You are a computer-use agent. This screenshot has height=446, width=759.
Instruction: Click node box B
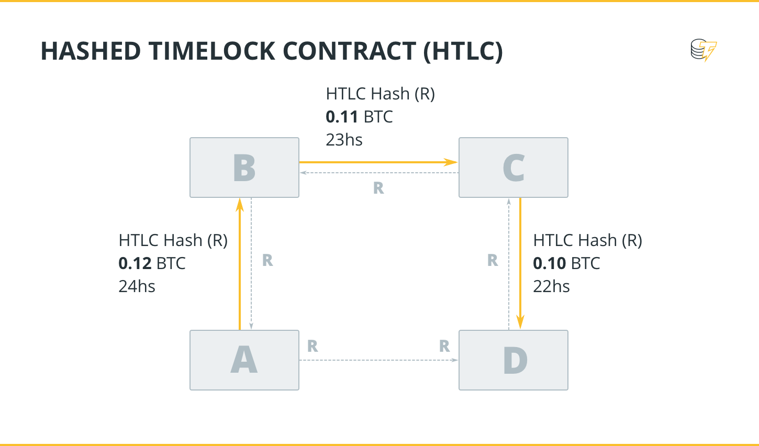(244, 168)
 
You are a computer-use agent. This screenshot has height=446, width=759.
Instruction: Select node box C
(513, 168)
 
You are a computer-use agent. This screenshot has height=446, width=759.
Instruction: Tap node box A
(244, 360)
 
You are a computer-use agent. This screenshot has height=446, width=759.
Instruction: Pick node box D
(513, 360)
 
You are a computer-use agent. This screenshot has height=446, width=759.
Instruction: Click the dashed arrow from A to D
(378, 360)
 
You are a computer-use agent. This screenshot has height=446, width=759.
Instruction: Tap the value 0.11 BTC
(359, 117)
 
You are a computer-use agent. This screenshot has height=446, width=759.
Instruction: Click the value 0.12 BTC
(152, 263)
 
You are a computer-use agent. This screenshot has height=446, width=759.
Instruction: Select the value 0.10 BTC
(566, 263)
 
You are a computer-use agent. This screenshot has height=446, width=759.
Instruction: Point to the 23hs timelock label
(344, 140)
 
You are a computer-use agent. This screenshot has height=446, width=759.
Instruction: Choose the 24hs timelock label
(137, 286)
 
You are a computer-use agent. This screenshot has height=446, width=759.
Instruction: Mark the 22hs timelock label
(551, 286)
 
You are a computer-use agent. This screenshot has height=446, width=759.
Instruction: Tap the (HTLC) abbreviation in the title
(463, 51)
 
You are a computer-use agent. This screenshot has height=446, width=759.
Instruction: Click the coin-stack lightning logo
(703, 50)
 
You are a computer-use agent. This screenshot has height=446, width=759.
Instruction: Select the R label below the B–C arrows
(378, 188)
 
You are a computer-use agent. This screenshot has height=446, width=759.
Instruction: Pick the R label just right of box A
(312, 346)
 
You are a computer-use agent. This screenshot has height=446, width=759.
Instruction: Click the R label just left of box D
(444, 346)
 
